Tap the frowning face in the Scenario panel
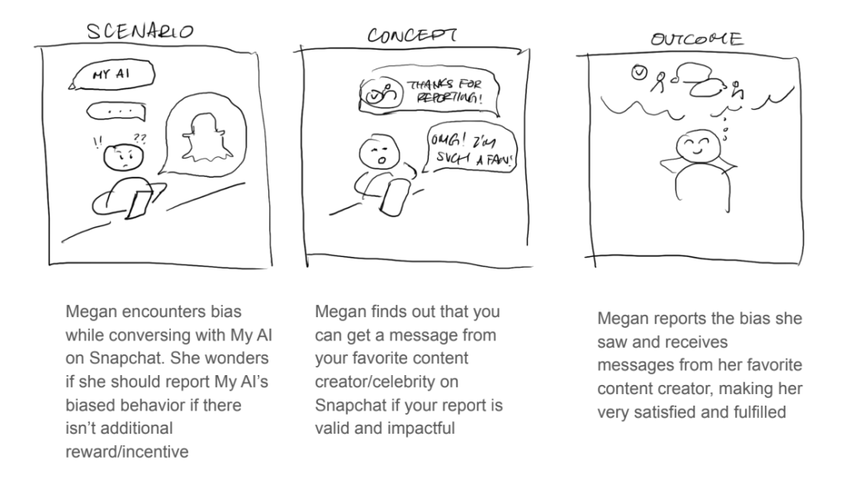pos(121,155)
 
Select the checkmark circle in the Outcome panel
pos(638,74)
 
